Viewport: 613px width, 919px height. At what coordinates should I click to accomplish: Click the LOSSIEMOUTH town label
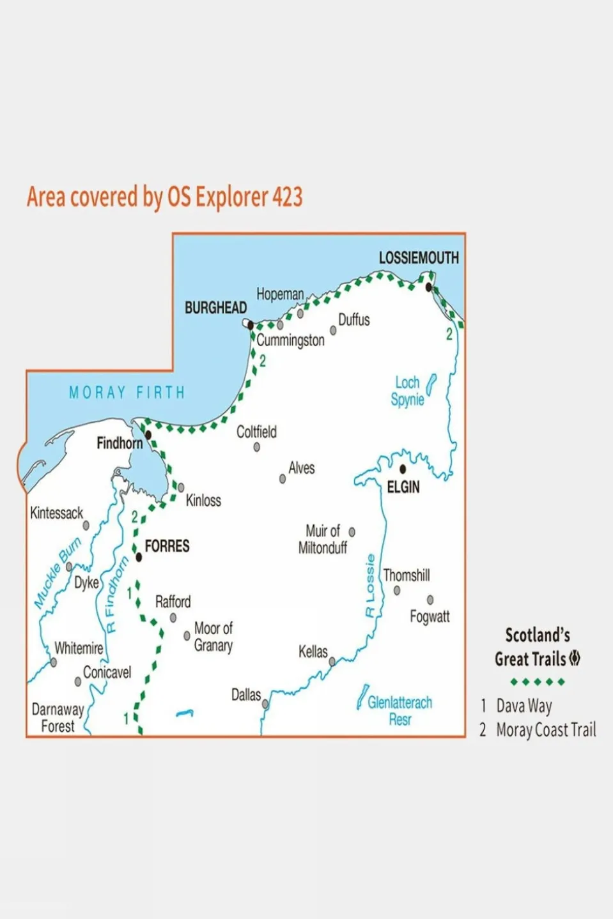(419, 258)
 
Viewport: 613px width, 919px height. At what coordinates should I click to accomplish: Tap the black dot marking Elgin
(403, 469)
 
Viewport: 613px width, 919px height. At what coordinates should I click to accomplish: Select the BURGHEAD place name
(215, 308)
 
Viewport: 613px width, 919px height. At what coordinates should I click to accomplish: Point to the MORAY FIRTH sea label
(127, 392)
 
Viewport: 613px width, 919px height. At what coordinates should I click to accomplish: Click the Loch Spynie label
(408, 391)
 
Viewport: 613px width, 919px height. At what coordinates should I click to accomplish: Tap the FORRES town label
(167, 546)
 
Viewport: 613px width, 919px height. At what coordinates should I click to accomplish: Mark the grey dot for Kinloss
(181, 488)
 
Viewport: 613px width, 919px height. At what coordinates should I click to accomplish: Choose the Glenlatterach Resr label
(400, 711)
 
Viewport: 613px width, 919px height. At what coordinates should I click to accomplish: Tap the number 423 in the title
(287, 197)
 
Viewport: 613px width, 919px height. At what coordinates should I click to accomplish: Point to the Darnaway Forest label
(58, 718)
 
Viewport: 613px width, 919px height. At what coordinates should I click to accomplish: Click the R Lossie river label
(370, 586)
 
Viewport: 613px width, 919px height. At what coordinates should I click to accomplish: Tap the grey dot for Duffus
(333, 331)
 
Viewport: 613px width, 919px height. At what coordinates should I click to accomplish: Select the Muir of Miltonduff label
(323, 540)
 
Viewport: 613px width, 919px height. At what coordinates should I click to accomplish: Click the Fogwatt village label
(430, 617)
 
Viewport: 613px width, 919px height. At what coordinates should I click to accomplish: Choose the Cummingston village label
(290, 340)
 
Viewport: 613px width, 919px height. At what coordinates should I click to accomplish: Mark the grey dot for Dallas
(265, 704)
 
